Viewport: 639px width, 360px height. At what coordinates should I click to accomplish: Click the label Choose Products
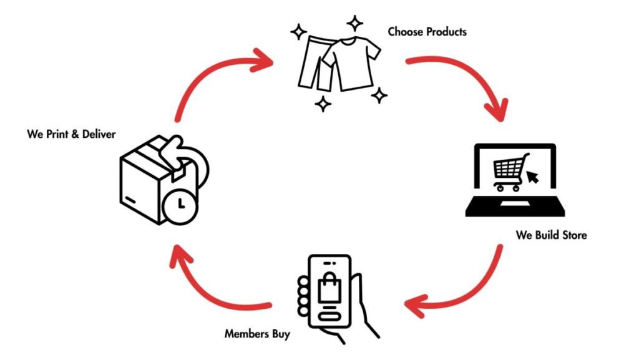(x=427, y=31)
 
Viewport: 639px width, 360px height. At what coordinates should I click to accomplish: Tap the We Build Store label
(x=551, y=235)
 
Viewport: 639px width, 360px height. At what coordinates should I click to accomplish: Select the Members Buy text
(x=257, y=334)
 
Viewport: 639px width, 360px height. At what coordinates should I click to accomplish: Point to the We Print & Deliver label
(x=71, y=134)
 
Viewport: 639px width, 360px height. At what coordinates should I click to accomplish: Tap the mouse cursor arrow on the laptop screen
(x=534, y=178)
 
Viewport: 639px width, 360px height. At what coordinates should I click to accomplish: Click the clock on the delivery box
(x=180, y=204)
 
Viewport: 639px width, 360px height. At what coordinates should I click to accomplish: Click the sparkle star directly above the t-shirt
(x=355, y=24)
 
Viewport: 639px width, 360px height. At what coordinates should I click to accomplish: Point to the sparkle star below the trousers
(x=323, y=104)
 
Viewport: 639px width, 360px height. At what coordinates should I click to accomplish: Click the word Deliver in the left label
(x=99, y=134)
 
